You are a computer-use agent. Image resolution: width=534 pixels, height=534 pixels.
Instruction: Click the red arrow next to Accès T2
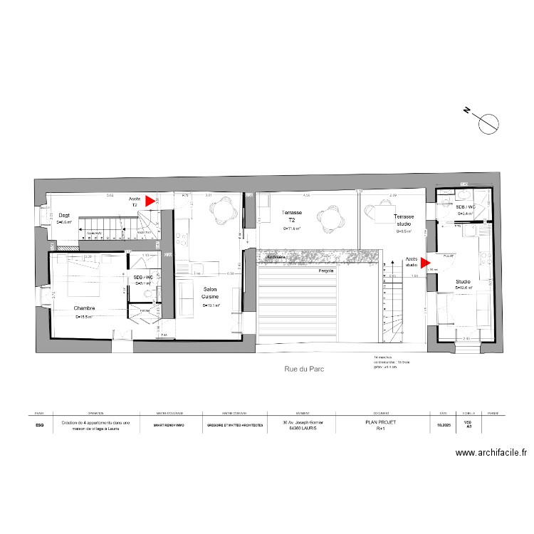coord(150,201)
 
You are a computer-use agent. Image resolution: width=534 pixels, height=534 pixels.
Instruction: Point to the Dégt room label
coord(64,214)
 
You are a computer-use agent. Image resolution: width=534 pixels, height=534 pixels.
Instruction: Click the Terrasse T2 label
coord(291,216)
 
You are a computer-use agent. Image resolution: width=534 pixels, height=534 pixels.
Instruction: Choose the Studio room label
coord(464,283)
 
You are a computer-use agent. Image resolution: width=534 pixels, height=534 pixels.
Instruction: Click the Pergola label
coord(327,271)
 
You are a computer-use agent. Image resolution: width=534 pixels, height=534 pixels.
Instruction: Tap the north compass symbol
coord(488,123)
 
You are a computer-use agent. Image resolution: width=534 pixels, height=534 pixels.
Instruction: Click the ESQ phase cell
coord(39,426)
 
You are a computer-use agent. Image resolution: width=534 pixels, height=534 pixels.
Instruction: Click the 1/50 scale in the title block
coord(468,422)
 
